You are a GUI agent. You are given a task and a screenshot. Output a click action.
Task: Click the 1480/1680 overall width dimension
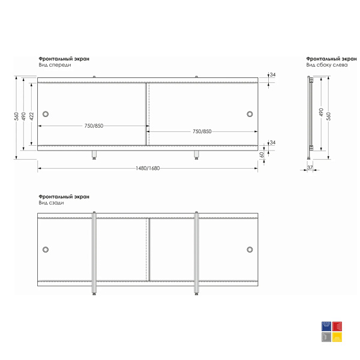tap(148, 168)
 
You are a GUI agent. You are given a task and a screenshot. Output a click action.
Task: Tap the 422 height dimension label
tap(32, 116)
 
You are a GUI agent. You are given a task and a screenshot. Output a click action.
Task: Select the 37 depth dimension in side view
tap(310, 167)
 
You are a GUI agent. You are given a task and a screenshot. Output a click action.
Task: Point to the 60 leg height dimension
tap(262, 155)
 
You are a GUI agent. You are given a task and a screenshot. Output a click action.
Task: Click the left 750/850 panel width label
tap(94, 126)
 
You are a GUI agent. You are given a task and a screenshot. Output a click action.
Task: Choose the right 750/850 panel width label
tap(202, 131)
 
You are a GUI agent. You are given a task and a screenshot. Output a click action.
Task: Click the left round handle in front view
tap(46, 114)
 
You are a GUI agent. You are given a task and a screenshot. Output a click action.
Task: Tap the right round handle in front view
tap(250, 114)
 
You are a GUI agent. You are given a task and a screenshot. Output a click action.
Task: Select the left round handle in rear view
tap(46, 250)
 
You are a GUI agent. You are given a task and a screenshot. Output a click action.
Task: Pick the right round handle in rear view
tap(250, 250)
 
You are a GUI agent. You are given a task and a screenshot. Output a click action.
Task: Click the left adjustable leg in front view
tap(94, 155)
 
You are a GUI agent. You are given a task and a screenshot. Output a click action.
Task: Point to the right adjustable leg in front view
tap(196, 155)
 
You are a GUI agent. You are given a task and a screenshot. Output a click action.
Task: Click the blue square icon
tap(326, 326)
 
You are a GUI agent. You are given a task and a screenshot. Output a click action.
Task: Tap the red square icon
tap(337, 326)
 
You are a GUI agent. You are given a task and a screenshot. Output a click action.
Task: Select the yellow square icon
tap(337, 337)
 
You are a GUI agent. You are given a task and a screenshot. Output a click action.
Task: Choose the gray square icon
tap(326, 337)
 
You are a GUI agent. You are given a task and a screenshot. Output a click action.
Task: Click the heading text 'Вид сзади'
tap(51, 203)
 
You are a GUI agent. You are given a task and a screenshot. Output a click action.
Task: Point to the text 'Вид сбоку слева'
tap(327, 65)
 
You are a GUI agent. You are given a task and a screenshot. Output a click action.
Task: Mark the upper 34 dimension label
tap(272, 75)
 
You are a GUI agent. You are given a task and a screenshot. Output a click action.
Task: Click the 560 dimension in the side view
tap(329, 116)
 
